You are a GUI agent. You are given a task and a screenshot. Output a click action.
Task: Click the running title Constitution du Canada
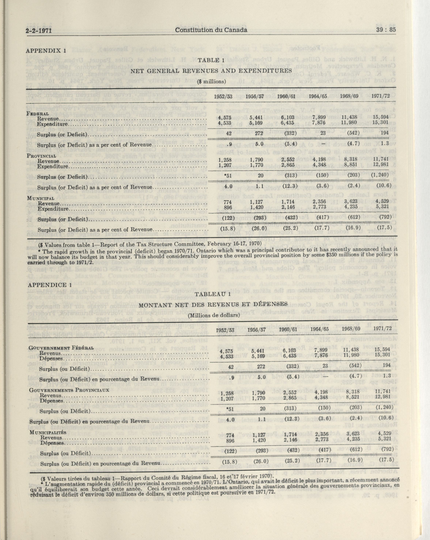tap(211, 30)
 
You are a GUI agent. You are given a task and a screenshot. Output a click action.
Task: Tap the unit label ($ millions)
tap(211, 81)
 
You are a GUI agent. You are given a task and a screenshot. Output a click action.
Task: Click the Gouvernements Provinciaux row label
tap(69, 390)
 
